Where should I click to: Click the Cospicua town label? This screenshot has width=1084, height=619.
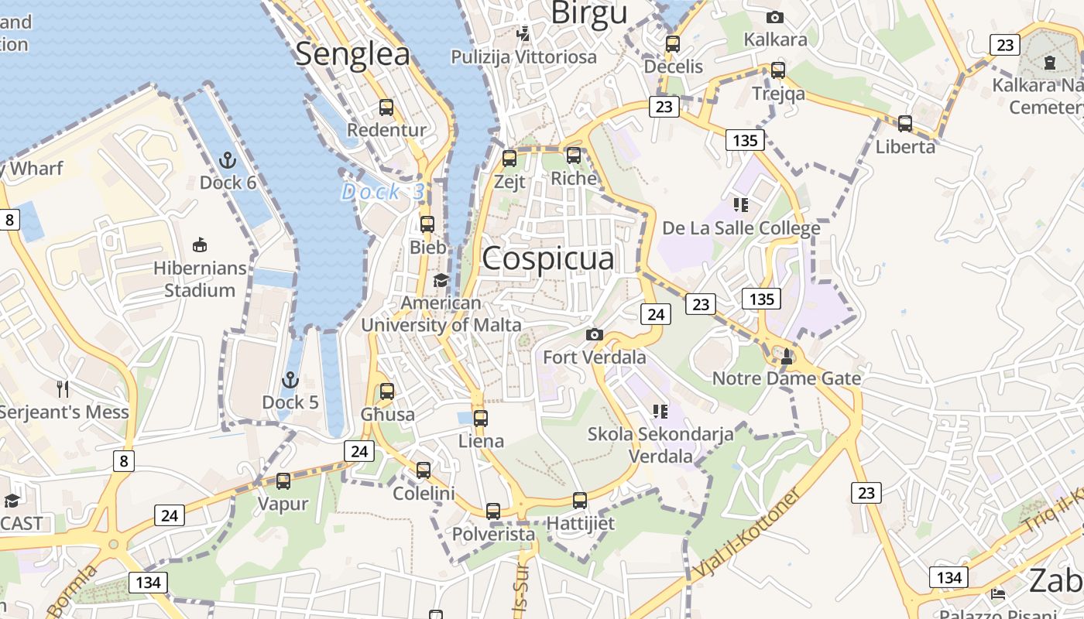coord(548,258)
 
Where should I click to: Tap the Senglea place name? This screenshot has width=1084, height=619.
coord(352,54)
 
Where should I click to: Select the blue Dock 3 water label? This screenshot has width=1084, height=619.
coord(383,191)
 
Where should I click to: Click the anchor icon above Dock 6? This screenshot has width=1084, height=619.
coord(228,160)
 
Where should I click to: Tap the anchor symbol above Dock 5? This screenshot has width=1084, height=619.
coord(290,380)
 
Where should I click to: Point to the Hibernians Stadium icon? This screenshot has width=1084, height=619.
coord(200,245)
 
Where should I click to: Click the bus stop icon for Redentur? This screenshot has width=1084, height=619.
coord(386,108)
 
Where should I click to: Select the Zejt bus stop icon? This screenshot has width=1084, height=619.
coord(509,159)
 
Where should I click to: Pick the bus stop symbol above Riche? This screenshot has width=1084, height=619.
coord(574,156)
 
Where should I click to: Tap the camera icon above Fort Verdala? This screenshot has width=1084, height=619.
coord(594,334)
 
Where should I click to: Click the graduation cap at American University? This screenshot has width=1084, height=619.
coord(441,280)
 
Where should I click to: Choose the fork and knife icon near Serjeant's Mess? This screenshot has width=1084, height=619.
coord(63,388)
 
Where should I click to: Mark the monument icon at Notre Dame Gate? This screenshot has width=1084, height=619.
coord(787,356)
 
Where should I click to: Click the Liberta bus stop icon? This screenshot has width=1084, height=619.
coord(904,123)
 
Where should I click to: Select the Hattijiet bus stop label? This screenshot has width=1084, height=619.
coord(581,523)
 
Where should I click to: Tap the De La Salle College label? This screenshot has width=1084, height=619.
coord(741,228)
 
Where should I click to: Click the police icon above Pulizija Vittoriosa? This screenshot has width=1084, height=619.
coord(524,33)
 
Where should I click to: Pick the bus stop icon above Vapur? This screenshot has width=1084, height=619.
coord(283,481)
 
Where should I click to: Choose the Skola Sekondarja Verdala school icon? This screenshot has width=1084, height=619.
coord(660,411)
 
